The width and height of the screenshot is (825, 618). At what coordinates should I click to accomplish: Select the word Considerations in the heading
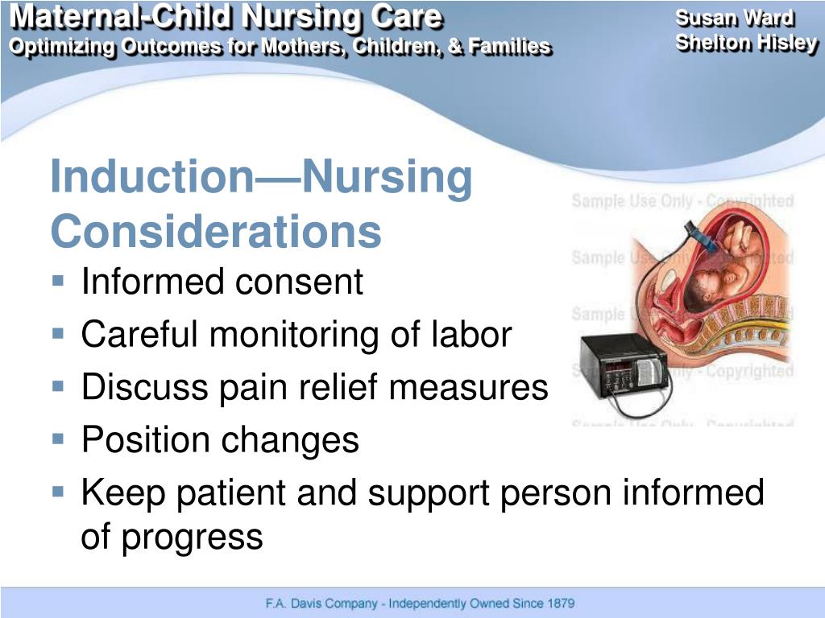[215, 232]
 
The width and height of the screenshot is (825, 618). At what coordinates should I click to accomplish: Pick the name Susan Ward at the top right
[734, 18]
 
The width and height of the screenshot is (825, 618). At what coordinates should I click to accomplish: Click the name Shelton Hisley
[746, 43]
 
